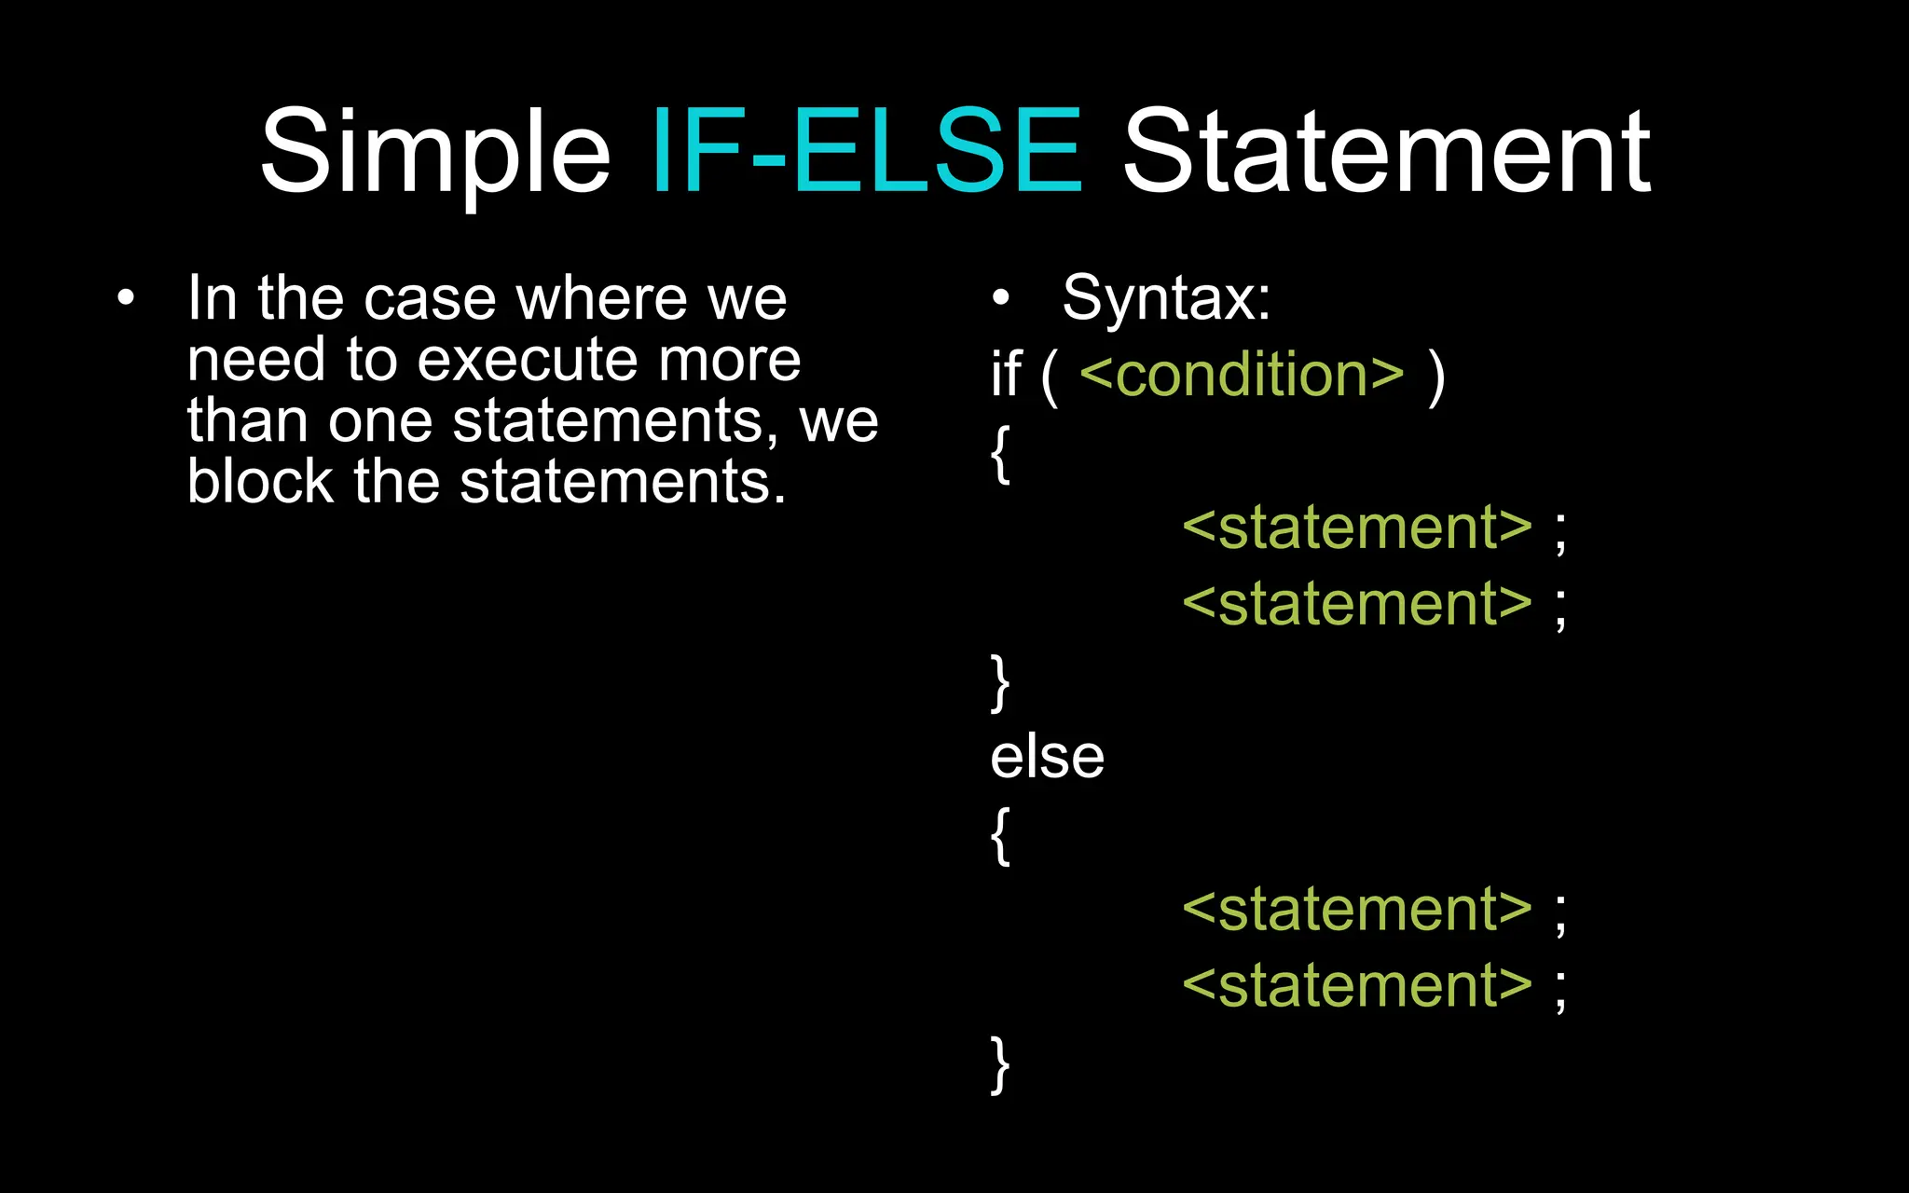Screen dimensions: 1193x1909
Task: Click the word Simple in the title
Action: coord(434,152)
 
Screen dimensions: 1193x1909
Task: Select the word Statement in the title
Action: coord(1386,152)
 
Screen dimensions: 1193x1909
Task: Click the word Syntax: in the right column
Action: coord(1166,298)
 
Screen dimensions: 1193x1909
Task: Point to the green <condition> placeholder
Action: coord(1242,375)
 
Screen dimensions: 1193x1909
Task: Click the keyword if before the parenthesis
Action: coord(1006,375)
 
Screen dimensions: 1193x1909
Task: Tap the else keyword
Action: coord(1047,757)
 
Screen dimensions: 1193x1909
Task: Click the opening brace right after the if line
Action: coord(1000,455)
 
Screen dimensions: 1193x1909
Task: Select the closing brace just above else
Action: coord(1000,683)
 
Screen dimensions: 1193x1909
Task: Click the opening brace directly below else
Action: coord(1000,836)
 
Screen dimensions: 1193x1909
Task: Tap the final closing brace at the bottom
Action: coord(1000,1064)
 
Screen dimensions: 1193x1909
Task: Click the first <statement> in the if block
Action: coord(1357,528)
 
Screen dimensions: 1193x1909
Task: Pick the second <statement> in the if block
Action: coord(1357,604)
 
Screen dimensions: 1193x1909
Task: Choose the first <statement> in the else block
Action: coord(1357,910)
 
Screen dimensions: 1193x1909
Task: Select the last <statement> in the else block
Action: coord(1357,986)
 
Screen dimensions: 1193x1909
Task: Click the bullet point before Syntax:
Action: coord(1000,298)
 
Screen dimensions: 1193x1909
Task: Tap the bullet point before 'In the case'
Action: coord(126,298)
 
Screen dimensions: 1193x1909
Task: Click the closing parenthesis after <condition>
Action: coord(1436,377)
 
